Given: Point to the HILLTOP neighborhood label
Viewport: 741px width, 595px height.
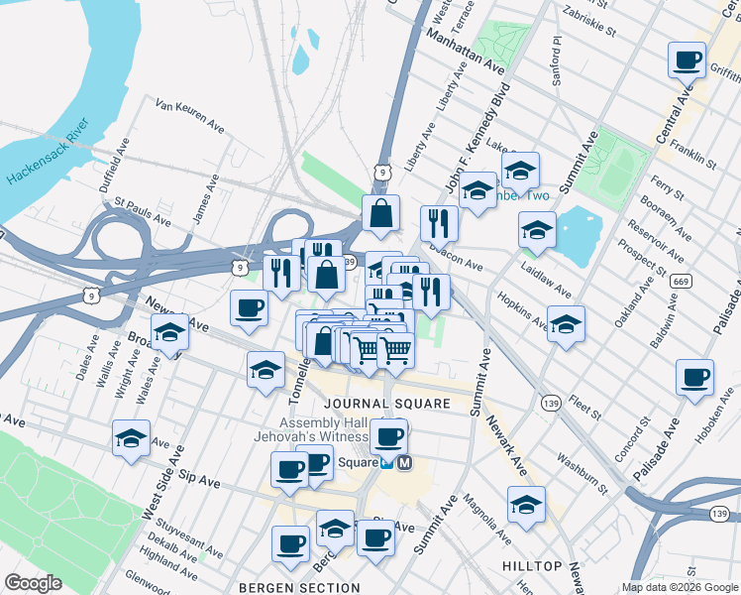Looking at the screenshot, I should coord(534,566).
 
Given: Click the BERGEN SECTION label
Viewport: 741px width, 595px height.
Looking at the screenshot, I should coord(298,587).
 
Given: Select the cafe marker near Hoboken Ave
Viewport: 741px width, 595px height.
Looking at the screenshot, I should coord(694,378).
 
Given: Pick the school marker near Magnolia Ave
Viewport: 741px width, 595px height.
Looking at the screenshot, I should coord(526,505).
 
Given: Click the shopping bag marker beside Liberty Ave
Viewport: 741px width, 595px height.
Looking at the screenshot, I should coord(381,212).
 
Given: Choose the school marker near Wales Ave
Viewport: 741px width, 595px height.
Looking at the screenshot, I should coord(169,333).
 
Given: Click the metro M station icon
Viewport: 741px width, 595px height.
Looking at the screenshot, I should coord(404,462).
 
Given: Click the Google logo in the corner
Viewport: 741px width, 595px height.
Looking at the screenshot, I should coord(33,583).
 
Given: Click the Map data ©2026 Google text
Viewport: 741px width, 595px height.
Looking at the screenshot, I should coord(679,587).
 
